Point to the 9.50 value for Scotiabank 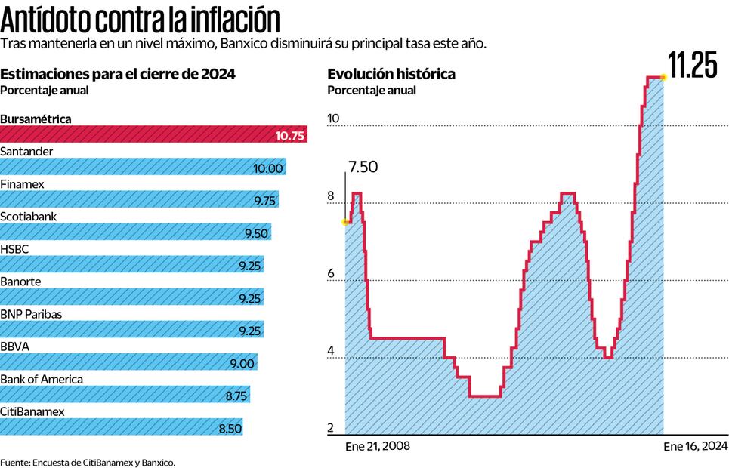point(256,232)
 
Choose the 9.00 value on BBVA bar point(242,363)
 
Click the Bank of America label point(42,379)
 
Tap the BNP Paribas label point(31,313)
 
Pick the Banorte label point(20,281)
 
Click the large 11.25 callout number point(692,66)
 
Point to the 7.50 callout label point(363,167)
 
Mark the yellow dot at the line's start point(346,222)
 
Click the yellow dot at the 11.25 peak point(663,77)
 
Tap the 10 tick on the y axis point(333,119)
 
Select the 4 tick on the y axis point(330,351)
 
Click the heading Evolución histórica point(391,74)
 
